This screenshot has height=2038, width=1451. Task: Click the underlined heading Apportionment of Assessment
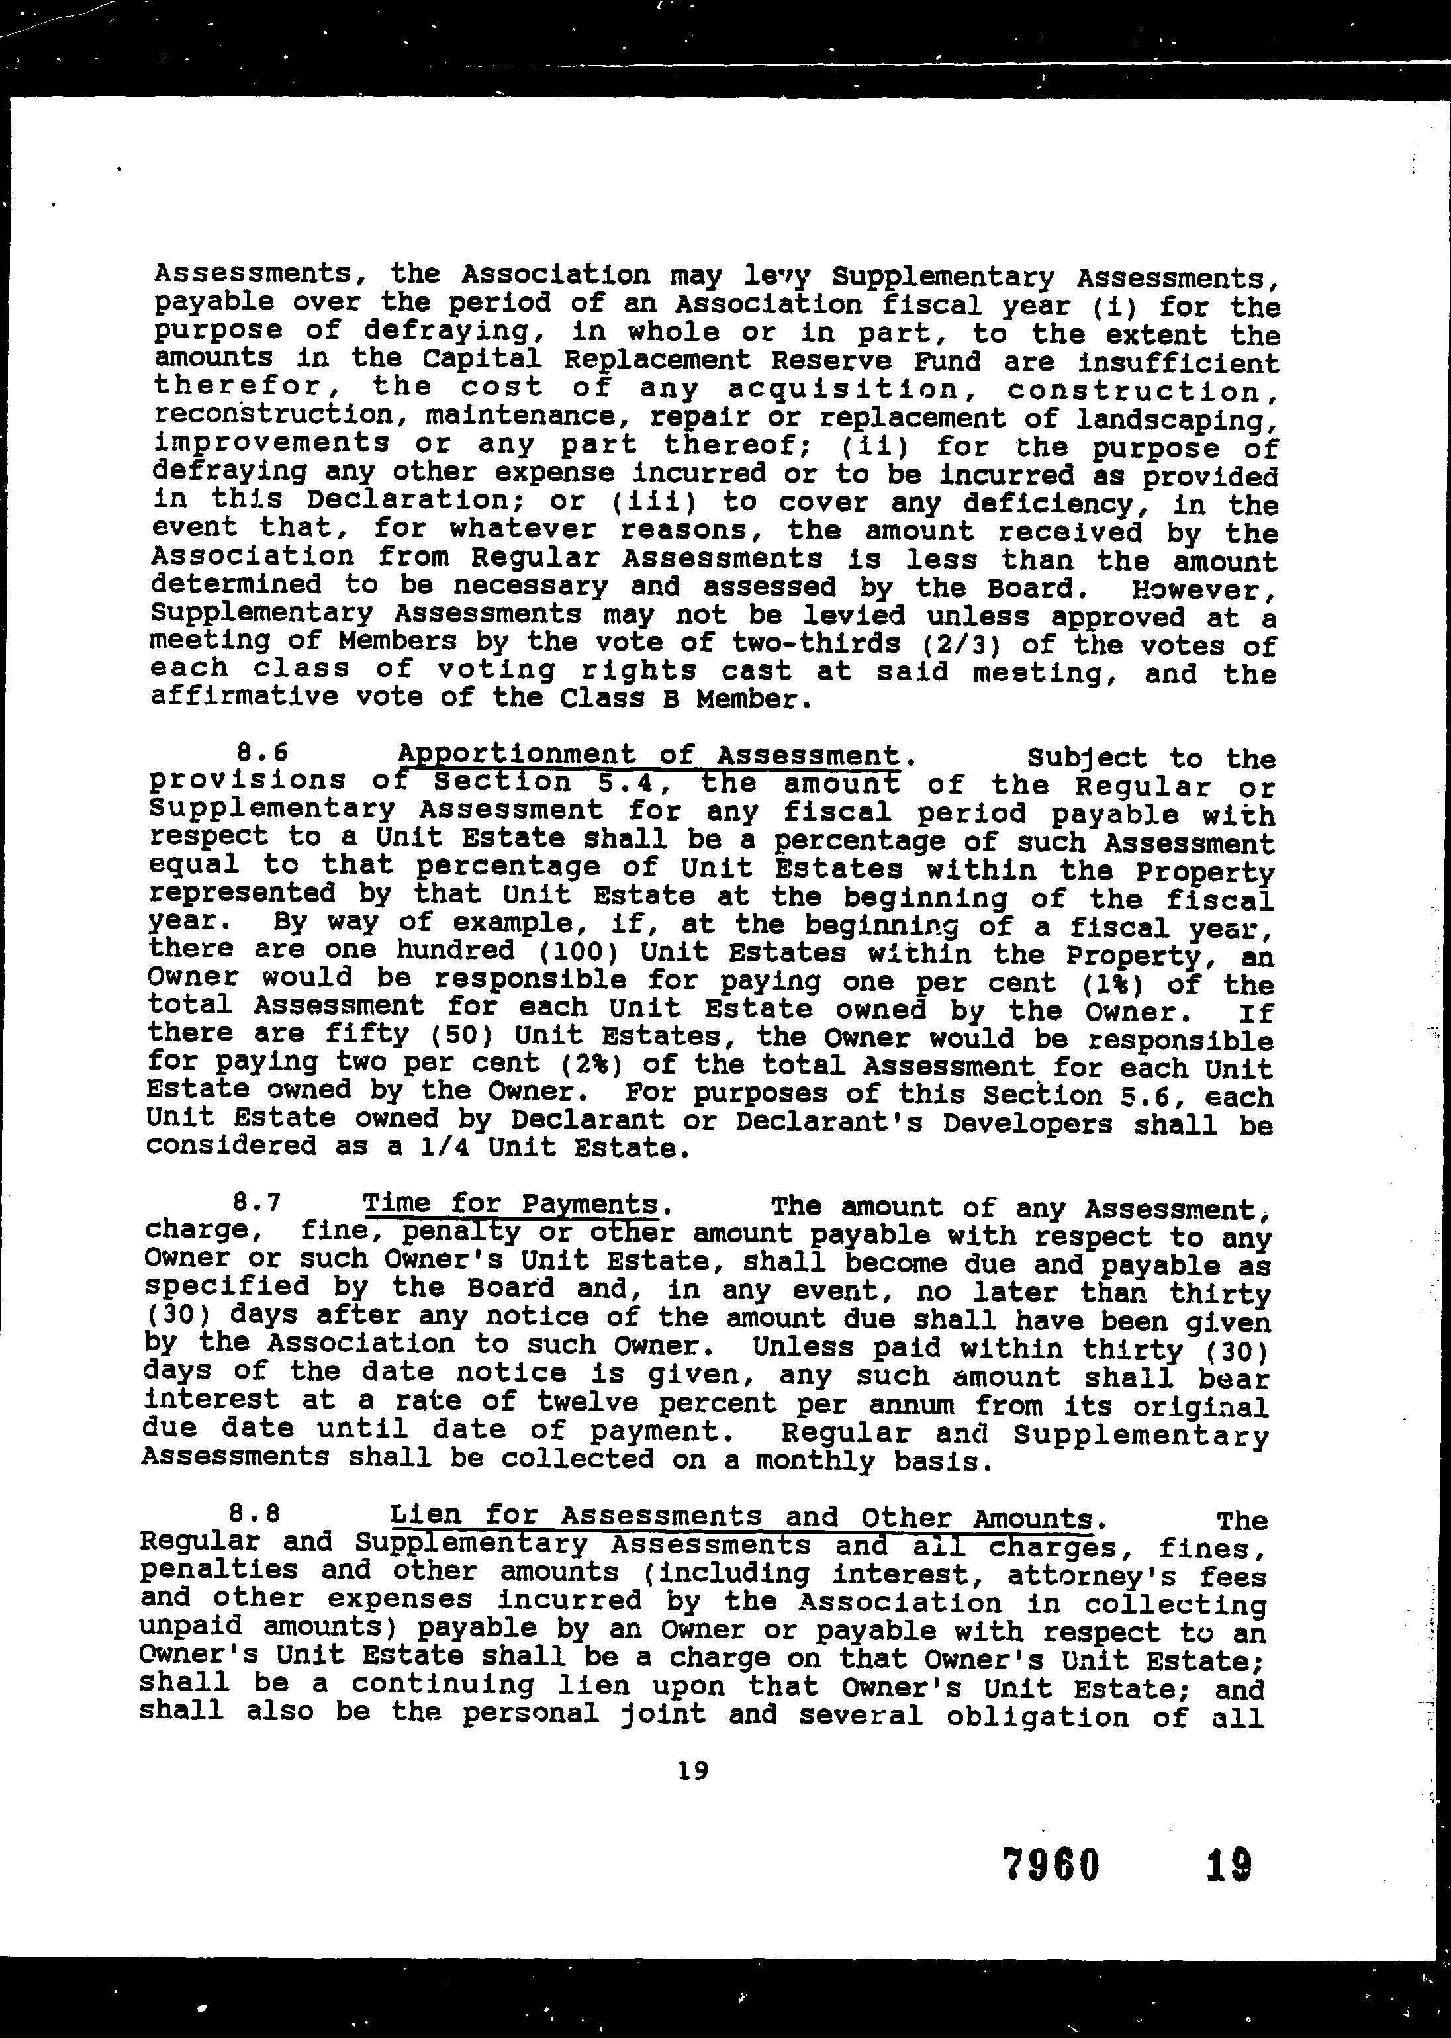tap(648, 756)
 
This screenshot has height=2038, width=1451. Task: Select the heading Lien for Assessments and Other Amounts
tap(741, 1517)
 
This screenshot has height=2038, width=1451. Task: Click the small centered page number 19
tap(693, 1769)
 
